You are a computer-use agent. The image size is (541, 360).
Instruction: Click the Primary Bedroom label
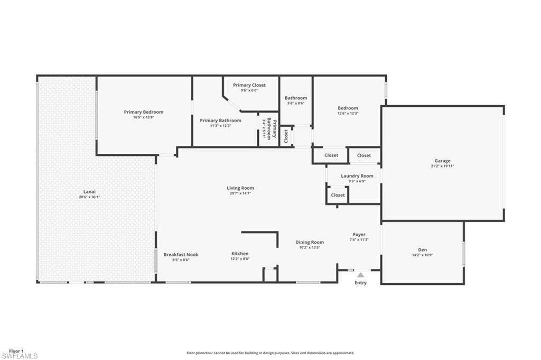click(x=144, y=112)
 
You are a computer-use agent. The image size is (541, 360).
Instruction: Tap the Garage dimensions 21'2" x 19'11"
click(x=443, y=166)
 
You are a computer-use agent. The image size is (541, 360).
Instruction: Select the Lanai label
click(x=89, y=192)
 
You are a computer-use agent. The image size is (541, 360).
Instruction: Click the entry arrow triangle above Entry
click(x=360, y=274)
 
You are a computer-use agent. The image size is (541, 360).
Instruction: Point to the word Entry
click(x=360, y=283)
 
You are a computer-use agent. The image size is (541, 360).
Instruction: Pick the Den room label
click(x=422, y=250)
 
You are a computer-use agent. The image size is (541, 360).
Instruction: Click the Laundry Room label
click(x=357, y=176)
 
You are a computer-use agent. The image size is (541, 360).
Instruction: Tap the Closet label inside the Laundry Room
click(x=338, y=195)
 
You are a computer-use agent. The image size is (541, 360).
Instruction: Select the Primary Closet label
click(x=249, y=85)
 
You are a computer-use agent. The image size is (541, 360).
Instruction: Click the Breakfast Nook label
click(x=181, y=254)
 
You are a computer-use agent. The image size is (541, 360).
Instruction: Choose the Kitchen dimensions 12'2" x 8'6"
click(x=240, y=260)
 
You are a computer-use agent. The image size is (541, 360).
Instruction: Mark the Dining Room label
click(x=310, y=242)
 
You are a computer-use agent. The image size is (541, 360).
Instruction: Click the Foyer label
click(x=359, y=235)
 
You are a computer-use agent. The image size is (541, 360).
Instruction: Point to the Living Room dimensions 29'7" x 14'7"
click(x=240, y=193)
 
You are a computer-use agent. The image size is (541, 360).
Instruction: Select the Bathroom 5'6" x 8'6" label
click(x=296, y=98)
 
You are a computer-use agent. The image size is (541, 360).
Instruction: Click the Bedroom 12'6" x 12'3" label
click(x=348, y=108)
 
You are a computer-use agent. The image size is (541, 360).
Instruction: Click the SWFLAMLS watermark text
click(x=20, y=356)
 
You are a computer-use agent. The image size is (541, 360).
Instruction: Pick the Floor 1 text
click(x=16, y=350)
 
